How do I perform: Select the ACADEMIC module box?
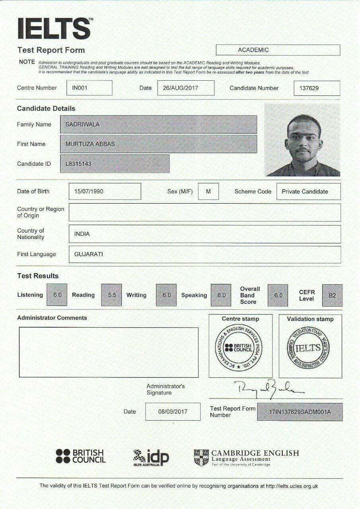pos(278,50)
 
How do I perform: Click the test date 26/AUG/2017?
pos(186,88)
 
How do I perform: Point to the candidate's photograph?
pos(302,140)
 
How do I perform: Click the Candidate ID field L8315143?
pos(115,163)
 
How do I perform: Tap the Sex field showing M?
pos(208,191)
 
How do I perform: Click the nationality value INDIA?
pos(82,234)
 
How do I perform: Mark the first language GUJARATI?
pos(89,254)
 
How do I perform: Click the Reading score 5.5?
pos(112,295)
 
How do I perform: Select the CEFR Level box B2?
pos(332,295)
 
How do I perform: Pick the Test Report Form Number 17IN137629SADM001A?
pos(300,412)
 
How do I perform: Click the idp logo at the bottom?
pos(151,458)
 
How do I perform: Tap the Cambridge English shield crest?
pos(201,458)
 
